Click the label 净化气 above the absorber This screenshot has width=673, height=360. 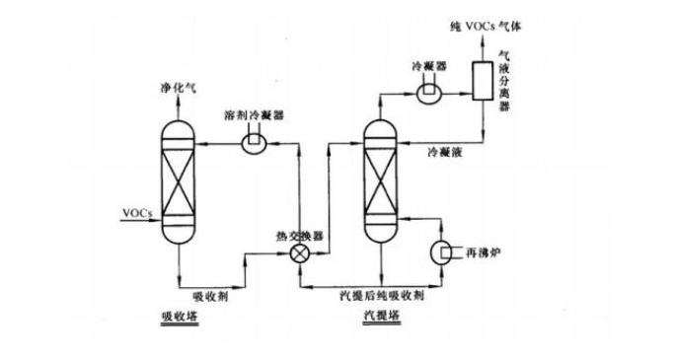(x=178, y=88)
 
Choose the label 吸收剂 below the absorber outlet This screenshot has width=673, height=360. (x=211, y=295)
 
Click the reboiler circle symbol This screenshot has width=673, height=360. (x=441, y=252)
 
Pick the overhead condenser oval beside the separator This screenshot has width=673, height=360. (x=429, y=90)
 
